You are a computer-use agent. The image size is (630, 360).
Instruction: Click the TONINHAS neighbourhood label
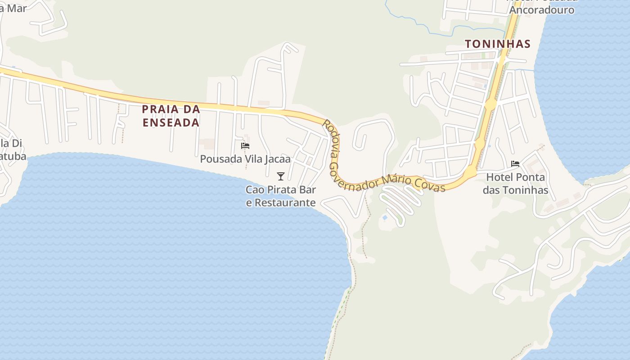tap(498, 44)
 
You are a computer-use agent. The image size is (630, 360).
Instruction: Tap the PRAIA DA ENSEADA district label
tap(171, 116)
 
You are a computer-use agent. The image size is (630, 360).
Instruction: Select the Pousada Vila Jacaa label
tap(245, 159)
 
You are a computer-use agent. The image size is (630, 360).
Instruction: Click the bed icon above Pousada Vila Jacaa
tap(245, 146)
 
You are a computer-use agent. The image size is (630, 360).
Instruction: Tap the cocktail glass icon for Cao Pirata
tap(281, 176)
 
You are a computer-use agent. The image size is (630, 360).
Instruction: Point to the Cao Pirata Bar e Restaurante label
tap(281, 196)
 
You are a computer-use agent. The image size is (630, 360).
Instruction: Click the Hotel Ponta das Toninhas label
tap(516, 184)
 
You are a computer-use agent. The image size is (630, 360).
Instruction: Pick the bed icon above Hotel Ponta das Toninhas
tap(515, 164)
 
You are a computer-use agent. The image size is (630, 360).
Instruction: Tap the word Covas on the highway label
tap(434, 185)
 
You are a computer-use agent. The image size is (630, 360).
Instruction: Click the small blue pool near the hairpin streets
tap(385, 218)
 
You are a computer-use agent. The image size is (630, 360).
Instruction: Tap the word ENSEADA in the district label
tap(171, 122)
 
